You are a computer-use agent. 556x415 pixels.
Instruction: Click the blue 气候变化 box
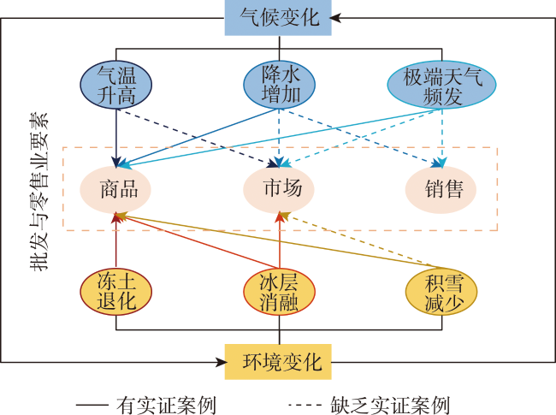278,18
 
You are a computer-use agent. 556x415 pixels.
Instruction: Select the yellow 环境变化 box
278,362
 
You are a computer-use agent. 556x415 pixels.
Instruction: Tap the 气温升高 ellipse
116,85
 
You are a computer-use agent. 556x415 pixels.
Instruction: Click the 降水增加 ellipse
280,85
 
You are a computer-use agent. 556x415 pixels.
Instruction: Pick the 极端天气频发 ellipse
441,85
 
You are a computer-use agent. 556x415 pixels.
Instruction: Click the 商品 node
115,189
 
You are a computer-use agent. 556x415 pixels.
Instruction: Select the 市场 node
279,189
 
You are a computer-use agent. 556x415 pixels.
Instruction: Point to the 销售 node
441,189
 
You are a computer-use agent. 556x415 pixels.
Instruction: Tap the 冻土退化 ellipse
116,292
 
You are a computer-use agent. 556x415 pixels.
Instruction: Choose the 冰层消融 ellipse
280,292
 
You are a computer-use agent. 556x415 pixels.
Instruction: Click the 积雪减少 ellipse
441,292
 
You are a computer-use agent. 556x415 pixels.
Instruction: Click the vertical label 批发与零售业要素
38,192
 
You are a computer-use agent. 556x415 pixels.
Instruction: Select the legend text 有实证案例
166,405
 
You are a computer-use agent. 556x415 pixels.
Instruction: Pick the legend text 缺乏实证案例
390,405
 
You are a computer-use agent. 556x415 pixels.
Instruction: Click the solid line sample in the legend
92,405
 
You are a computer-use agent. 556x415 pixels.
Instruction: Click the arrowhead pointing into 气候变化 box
335,18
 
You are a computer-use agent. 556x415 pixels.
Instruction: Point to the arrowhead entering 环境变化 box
222,362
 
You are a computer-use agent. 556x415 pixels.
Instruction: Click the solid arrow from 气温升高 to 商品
116,138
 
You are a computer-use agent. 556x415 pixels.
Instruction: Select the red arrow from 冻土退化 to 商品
116,240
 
